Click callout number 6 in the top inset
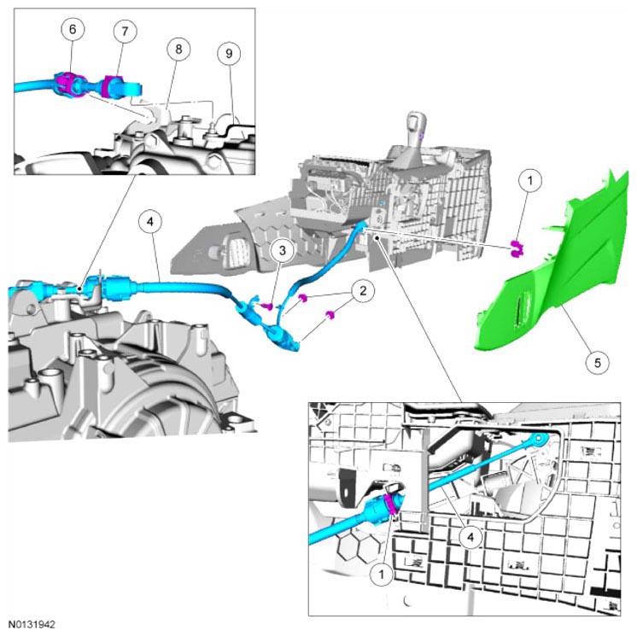pos(73,30)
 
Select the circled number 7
pos(125,32)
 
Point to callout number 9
pos(227,53)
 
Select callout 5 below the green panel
pos(598,361)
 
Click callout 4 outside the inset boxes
pos(149,224)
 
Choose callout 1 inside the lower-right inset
pos(382,575)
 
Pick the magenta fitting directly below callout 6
pos(67,85)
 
